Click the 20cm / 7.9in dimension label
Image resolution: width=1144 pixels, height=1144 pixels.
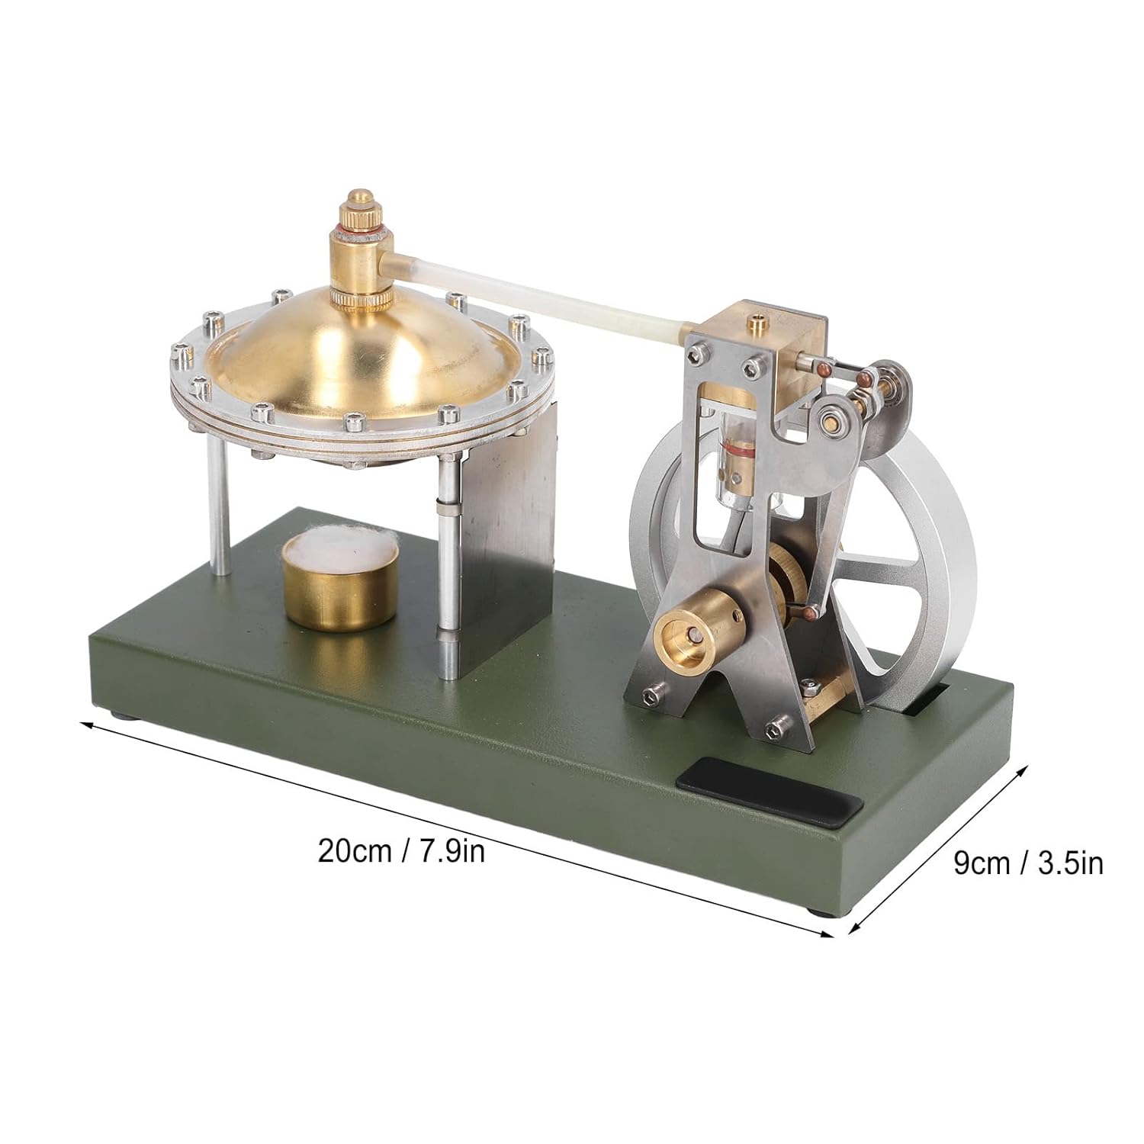[x=402, y=850]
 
